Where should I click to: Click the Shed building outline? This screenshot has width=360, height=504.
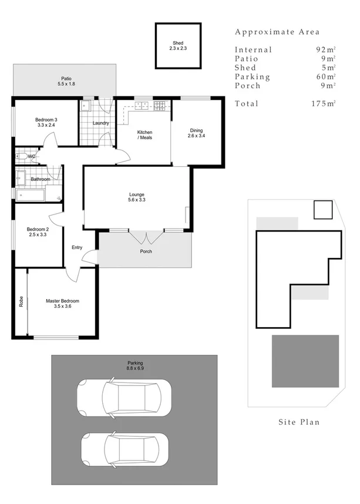pos(178,46)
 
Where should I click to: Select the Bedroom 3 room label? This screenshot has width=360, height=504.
pos(46,122)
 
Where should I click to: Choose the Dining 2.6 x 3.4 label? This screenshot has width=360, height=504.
pos(196,133)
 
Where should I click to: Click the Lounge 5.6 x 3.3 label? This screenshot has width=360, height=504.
pos(137,197)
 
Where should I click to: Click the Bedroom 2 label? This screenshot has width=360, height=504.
pos(38,231)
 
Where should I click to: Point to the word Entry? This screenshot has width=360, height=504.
pos(77,247)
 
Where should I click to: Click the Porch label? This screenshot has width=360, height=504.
pos(146,251)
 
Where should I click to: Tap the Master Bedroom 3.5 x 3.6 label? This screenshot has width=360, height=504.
pos(62,303)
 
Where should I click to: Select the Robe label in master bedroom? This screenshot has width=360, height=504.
pos(21,301)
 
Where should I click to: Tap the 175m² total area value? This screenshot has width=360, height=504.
pos(323,103)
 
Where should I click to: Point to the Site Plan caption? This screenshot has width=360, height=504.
pos(299,422)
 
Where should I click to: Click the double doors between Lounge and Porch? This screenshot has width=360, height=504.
pos(146,237)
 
